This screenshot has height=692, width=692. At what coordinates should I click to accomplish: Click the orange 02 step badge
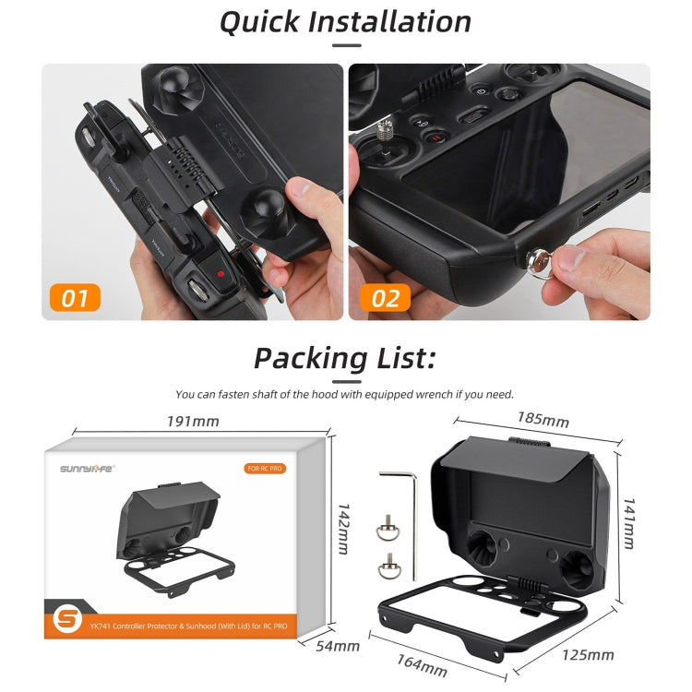[x=386, y=297]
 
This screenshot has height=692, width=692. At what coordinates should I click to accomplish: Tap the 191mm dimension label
[x=193, y=421]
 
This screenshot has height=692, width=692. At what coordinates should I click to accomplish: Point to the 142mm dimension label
[x=342, y=528]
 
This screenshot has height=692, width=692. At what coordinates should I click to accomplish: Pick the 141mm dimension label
[x=627, y=519]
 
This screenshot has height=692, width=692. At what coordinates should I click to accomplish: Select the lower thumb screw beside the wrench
[x=387, y=567]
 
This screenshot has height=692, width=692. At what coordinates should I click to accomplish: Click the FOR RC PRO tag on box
[x=265, y=469]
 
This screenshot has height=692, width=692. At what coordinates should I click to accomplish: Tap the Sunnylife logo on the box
[x=89, y=468]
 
